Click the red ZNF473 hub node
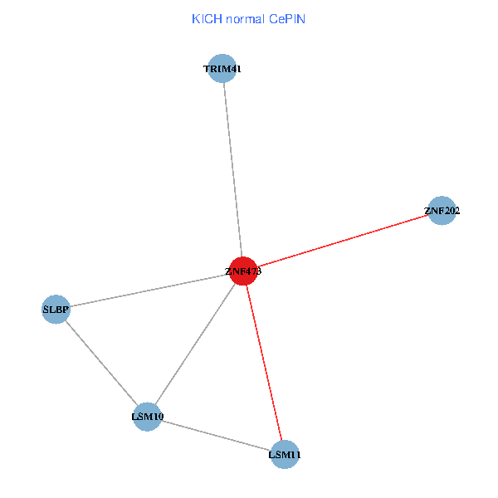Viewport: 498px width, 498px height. click(x=242, y=271)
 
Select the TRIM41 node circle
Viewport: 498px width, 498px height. click(x=222, y=69)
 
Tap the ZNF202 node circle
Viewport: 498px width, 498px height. click(x=442, y=211)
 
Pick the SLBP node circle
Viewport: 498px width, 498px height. click(x=56, y=310)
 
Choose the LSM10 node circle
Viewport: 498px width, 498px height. click(x=147, y=417)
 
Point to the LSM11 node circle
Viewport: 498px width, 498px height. click(x=284, y=455)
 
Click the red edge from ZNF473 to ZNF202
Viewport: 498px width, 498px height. click(x=342, y=241)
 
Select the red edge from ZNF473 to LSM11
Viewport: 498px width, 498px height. click(x=263, y=363)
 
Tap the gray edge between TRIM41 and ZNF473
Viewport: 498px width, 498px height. click(x=232, y=170)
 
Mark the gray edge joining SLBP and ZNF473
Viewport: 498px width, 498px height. click(x=149, y=290)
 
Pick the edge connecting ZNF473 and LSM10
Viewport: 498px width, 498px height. click(x=195, y=344)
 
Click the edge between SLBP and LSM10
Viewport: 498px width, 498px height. click(x=101, y=364)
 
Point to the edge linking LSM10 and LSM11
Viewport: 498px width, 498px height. click(x=216, y=436)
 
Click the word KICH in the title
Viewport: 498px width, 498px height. click(x=203, y=19)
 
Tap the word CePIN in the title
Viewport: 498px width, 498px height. click(x=286, y=19)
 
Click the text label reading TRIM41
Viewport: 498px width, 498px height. click(x=222, y=69)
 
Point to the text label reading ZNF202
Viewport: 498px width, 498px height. click(x=442, y=211)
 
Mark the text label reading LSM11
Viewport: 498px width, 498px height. click(x=284, y=455)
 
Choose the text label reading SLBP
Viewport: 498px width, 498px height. click(x=56, y=310)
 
